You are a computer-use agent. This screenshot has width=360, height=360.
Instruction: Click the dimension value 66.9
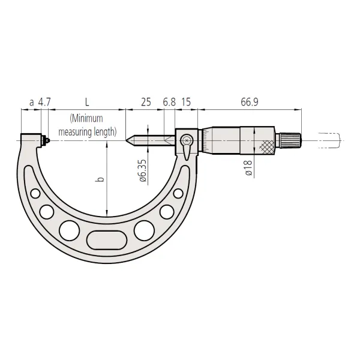click(250, 103)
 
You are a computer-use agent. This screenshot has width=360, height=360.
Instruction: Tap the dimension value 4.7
click(44, 103)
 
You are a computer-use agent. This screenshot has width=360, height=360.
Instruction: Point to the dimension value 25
click(145, 103)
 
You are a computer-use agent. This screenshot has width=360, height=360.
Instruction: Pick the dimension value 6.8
click(169, 103)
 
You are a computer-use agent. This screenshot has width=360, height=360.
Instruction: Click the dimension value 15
click(185, 103)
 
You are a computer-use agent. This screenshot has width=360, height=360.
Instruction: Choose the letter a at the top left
click(31, 103)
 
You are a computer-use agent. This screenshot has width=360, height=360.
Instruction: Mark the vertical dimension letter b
click(101, 178)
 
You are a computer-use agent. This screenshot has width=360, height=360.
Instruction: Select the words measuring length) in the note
click(88, 131)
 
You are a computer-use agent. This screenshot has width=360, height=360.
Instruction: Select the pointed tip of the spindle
click(128, 141)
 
